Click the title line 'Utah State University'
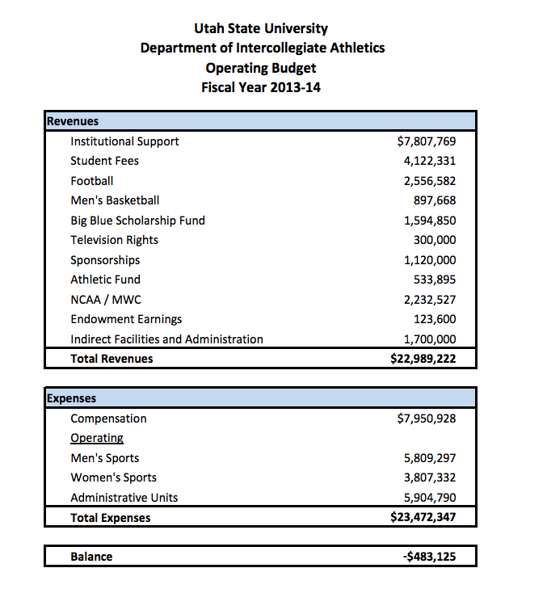click(x=262, y=29)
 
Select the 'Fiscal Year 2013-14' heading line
click(x=262, y=87)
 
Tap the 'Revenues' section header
click(x=73, y=121)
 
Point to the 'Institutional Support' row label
click(x=124, y=141)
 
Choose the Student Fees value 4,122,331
click(x=429, y=161)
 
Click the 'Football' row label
click(x=91, y=181)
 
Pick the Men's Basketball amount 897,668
click(x=435, y=200)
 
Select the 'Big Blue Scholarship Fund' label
click(x=137, y=221)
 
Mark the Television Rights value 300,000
click(x=435, y=240)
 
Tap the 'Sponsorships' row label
click(x=105, y=260)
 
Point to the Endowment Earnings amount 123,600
click(x=435, y=319)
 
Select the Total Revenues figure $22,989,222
click(x=423, y=359)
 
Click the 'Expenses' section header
click(x=72, y=398)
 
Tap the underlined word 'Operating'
click(x=97, y=438)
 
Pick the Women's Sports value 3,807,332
click(x=429, y=477)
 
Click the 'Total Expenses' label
click(x=110, y=518)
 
